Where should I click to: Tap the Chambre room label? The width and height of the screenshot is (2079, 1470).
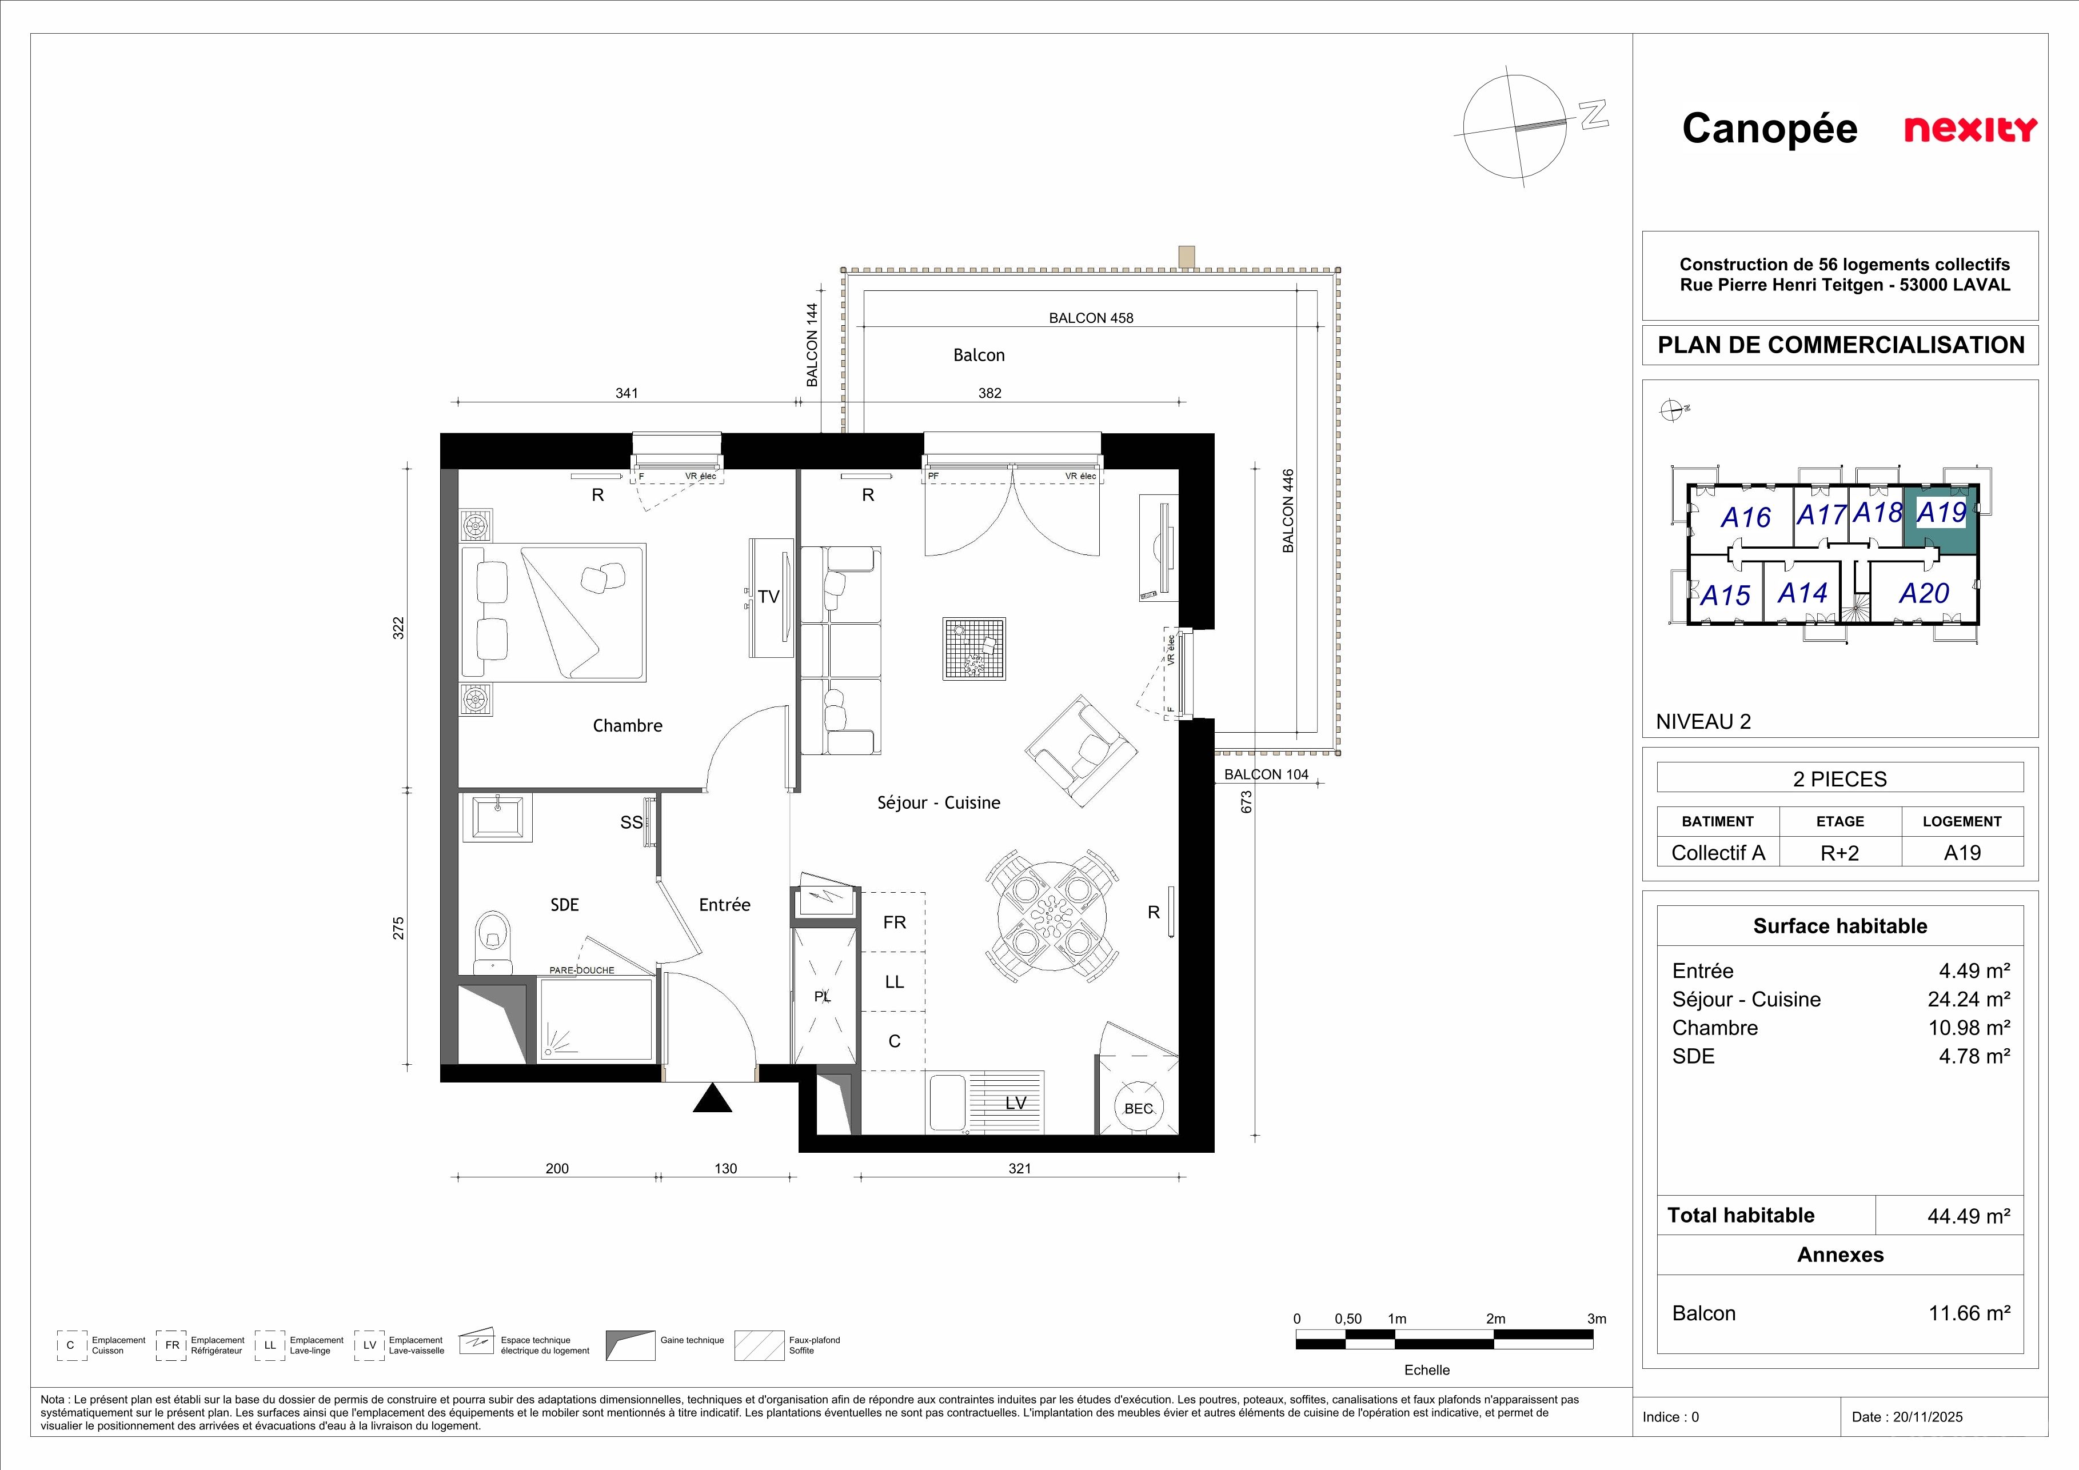tap(628, 726)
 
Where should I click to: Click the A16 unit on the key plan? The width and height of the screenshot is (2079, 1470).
tap(1745, 518)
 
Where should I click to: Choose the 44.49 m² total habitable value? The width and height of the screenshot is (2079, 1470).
tap(1969, 1216)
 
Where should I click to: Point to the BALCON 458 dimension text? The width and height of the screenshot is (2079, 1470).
tap(1091, 318)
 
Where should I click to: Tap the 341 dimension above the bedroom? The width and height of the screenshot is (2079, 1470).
tap(627, 393)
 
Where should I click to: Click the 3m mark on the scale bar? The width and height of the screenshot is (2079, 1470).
tap(1597, 1319)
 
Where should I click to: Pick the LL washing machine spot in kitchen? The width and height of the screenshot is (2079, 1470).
tap(895, 981)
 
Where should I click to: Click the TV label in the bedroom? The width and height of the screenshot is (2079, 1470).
tap(769, 597)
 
